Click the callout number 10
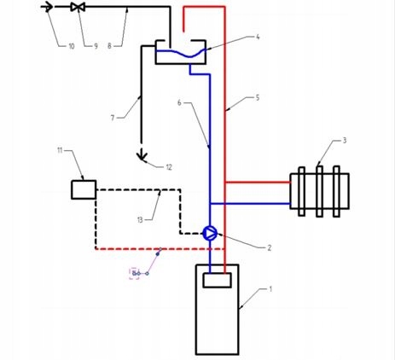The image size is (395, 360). (72, 46)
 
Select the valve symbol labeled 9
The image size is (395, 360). (78, 7)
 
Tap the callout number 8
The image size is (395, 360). (109, 46)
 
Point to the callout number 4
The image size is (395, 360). (258, 37)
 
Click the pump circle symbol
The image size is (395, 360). (210, 233)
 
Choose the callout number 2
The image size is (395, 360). (270, 248)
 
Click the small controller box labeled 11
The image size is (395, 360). (84, 189)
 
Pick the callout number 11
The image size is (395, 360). (60, 150)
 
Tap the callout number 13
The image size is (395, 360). (140, 220)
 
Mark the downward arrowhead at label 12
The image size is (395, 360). (142, 156)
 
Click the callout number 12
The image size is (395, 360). (169, 167)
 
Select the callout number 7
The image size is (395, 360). (113, 118)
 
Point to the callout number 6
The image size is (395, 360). (179, 102)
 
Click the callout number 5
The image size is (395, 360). (258, 98)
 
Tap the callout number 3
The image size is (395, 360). (345, 140)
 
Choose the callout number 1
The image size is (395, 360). (270, 289)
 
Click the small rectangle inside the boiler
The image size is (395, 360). (217, 280)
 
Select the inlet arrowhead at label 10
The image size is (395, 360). (48, 7)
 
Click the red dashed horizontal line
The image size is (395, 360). (160, 249)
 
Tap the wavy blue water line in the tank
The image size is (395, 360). (181, 53)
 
